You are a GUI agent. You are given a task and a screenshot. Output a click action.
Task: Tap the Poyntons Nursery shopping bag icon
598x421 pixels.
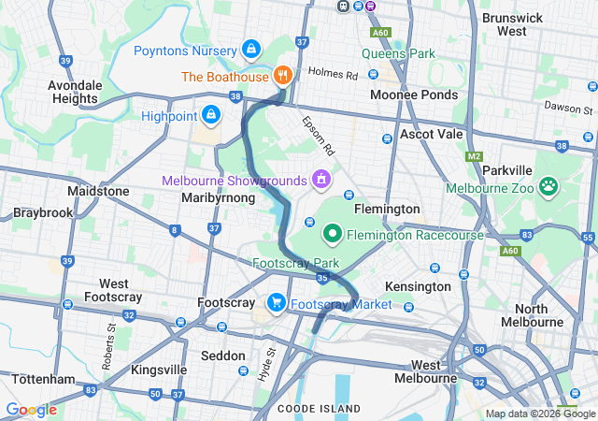tap(250, 49)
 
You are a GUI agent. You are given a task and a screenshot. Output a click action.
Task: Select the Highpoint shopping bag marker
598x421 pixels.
tap(211, 115)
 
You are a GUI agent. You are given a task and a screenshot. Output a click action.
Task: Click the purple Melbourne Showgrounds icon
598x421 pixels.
tap(321, 178)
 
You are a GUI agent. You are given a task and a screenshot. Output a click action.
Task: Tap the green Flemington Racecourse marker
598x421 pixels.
tap(332, 234)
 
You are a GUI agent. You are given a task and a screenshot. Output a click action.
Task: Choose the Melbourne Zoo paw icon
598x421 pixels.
tap(548, 186)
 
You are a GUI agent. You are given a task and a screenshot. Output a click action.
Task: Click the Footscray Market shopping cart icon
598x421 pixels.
tap(277, 303)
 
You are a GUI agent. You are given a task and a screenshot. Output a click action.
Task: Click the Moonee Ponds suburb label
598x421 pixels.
tap(414, 95)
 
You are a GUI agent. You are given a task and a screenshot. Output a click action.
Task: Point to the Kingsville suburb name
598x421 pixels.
tap(159, 370)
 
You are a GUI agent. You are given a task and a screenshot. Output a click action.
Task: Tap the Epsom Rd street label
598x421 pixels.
tap(318, 136)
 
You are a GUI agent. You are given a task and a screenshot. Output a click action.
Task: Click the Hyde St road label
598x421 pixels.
tap(268, 364)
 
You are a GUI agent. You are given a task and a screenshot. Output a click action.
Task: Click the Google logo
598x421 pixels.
tap(31, 409)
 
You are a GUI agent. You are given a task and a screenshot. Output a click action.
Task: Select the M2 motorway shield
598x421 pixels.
tap(475, 156)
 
